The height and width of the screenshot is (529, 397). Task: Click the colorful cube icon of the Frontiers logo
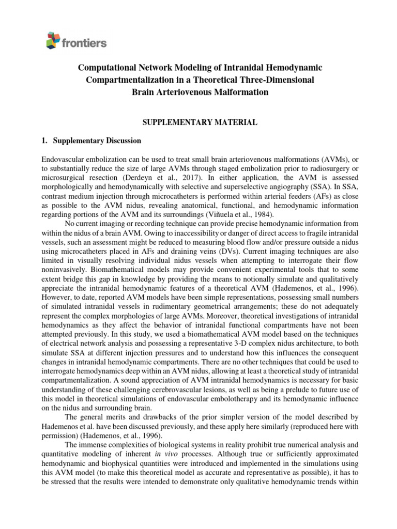click(x=52, y=40)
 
